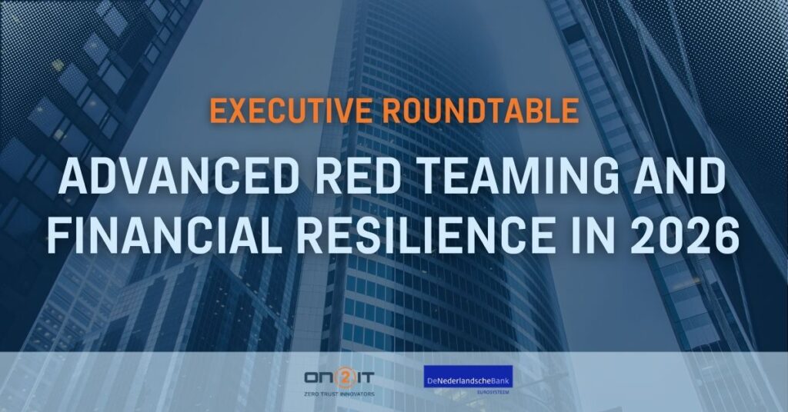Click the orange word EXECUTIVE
pyautogui.click(x=291, y=111)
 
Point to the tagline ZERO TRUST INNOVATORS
pyautogui.click(x=339, y=394)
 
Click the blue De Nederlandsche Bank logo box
pyautogui.click(x=468, y=377)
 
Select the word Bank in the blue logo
pyautogui.click(x=500, y=381)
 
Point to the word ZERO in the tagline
pyautogui.click(x=311, y=394)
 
